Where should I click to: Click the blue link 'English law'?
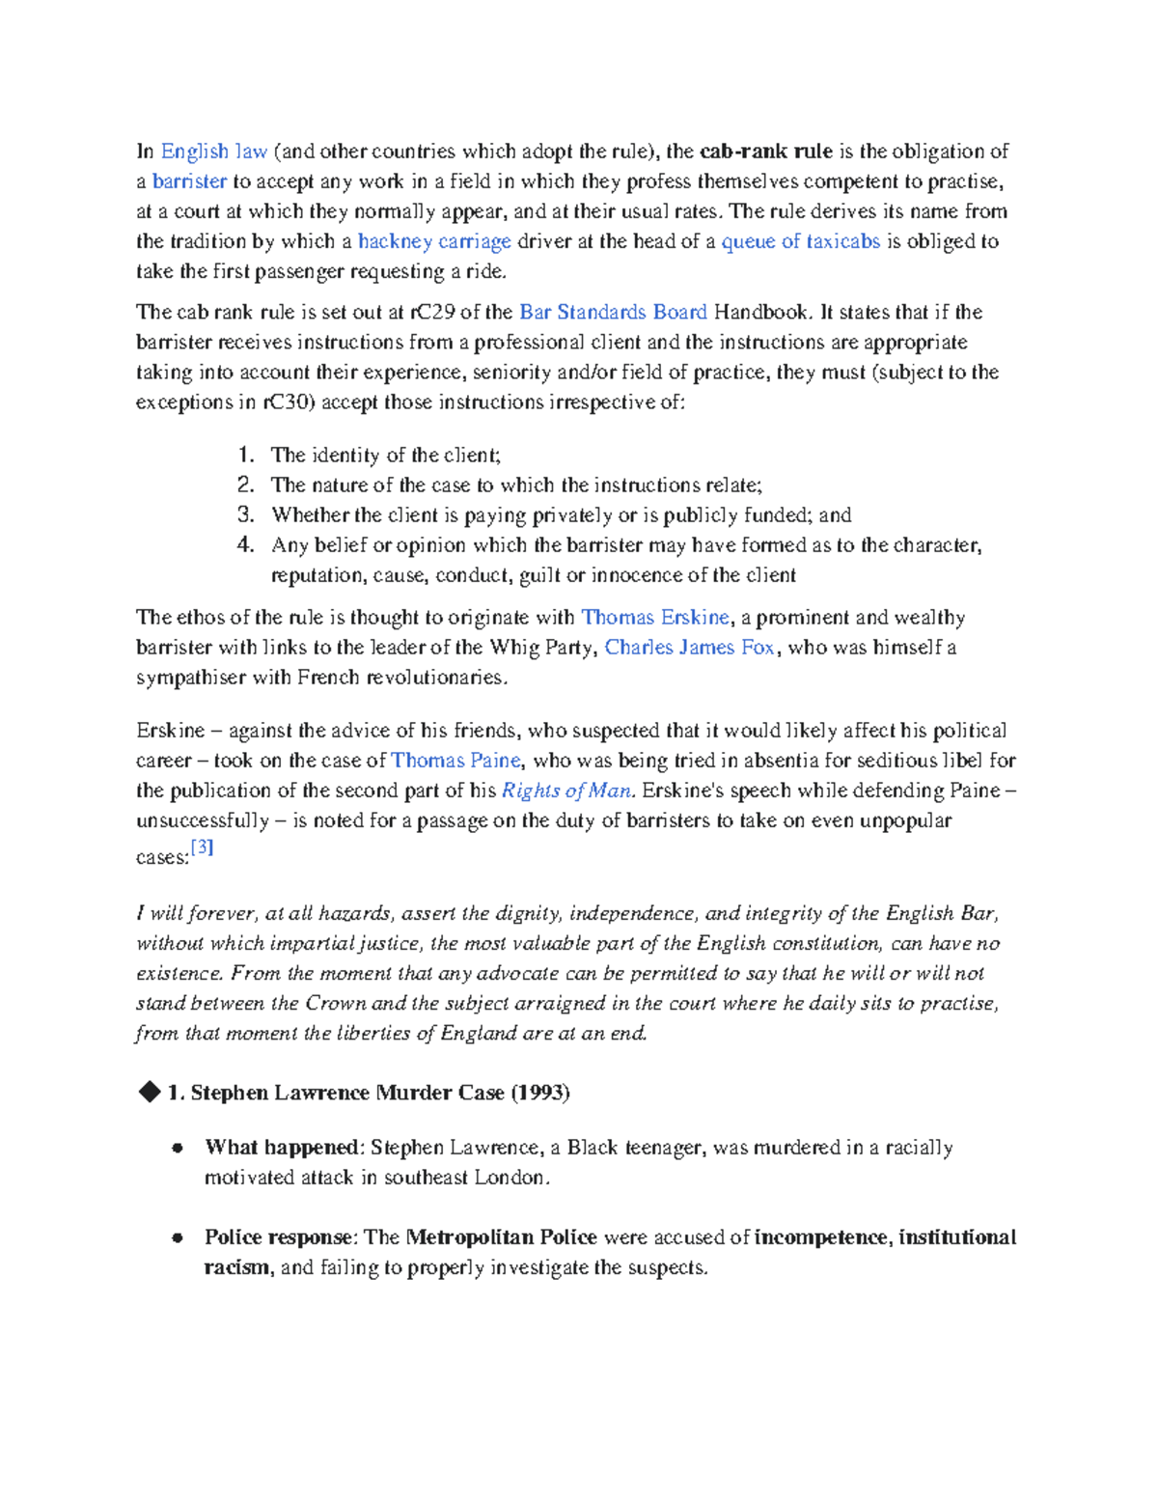(213, 152)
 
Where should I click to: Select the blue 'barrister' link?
(189, 181)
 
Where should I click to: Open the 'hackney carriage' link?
(433, 241)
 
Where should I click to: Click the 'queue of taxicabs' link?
(800, 241)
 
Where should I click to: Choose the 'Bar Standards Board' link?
(613, 312)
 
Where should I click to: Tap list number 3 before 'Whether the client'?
(245, 514)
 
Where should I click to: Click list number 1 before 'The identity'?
(245, 455)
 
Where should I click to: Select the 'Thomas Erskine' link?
(655, 618)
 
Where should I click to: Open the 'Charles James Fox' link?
(689, 648)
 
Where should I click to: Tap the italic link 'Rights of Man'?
(566, 791)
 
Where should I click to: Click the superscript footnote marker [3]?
(202, 847)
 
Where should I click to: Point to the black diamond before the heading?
(149, 1092)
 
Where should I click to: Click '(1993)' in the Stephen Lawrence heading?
(539, 1093)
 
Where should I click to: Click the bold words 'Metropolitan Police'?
(501, 1237)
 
